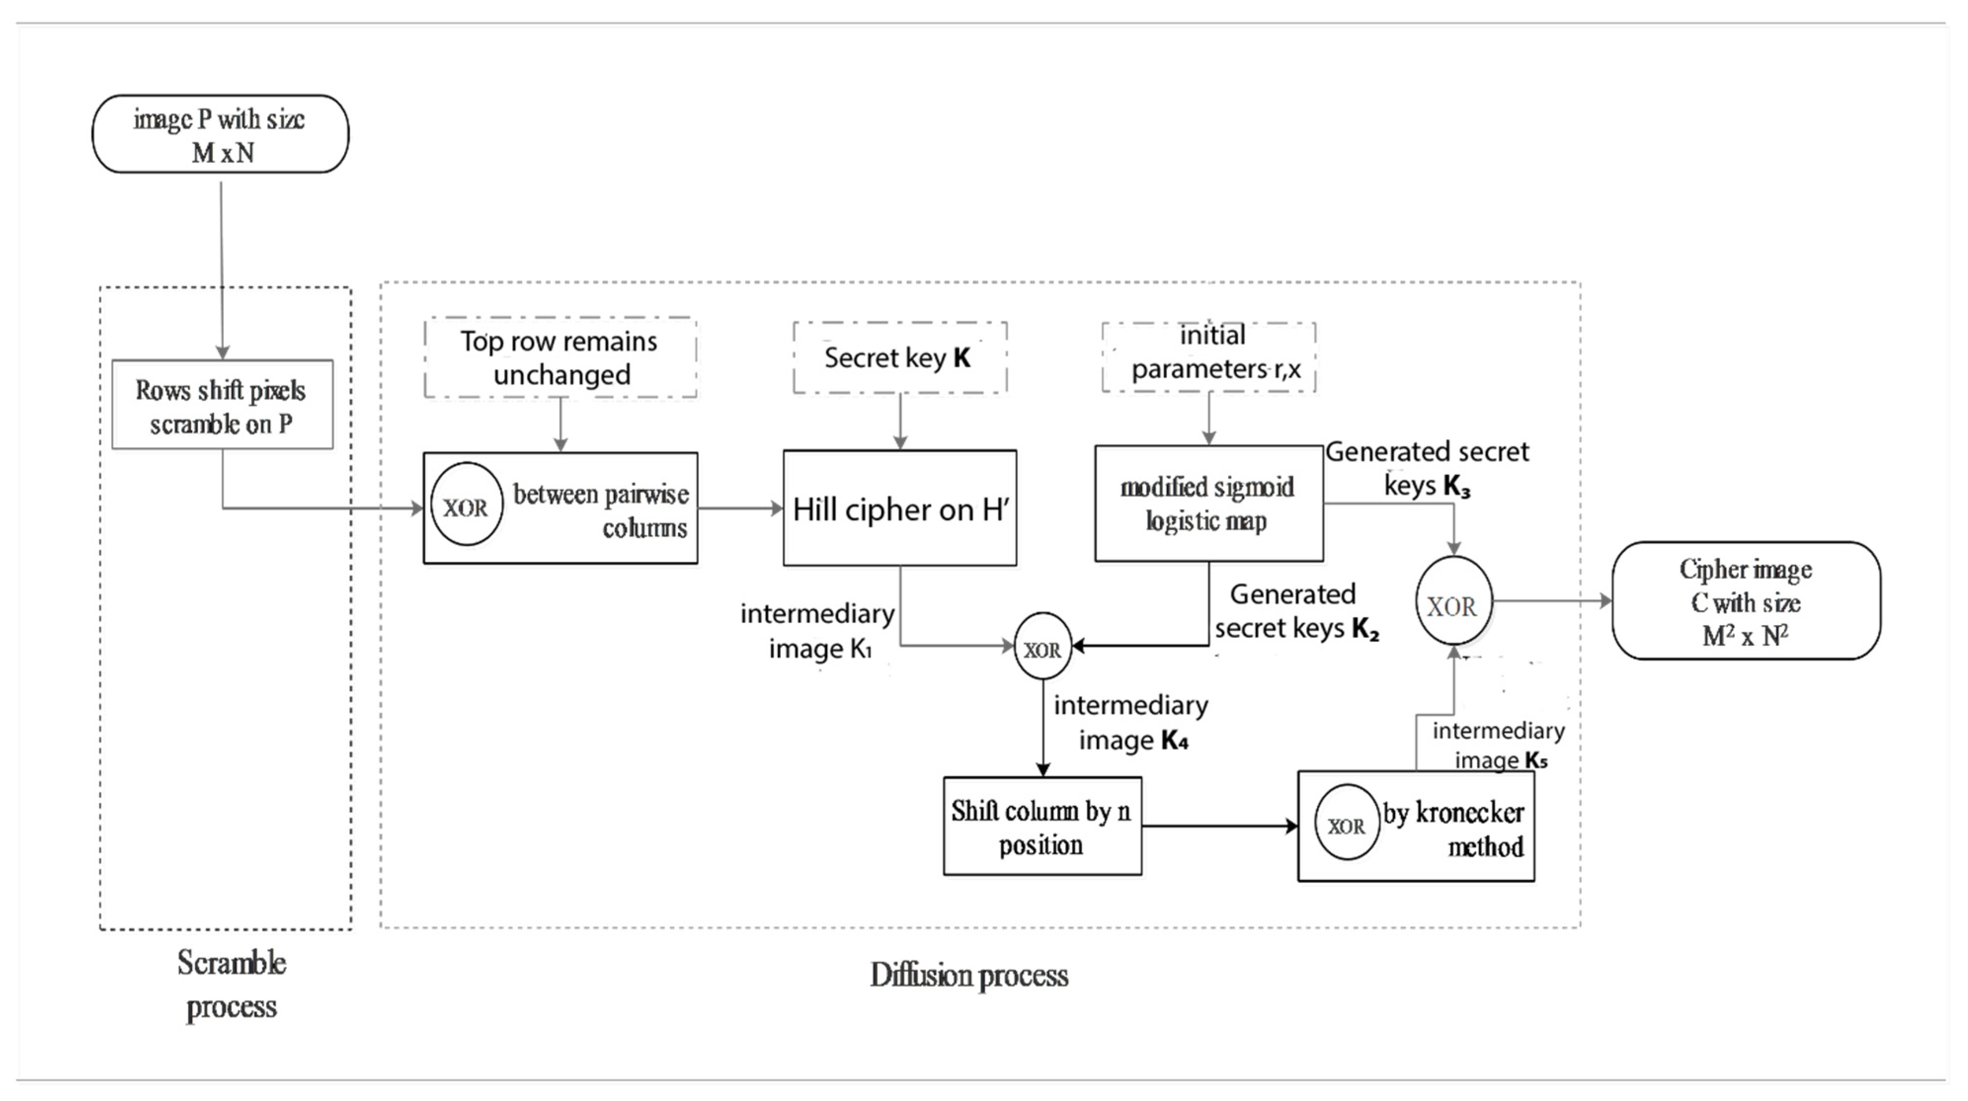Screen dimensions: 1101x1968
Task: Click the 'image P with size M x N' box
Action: pos(220,134)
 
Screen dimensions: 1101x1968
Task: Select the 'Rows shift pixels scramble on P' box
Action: pos(222,405)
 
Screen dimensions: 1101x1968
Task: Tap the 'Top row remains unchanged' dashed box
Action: pos(560,357)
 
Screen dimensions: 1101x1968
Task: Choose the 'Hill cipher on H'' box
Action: pos(899,508)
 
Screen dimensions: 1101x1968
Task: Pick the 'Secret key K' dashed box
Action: pos(899,357)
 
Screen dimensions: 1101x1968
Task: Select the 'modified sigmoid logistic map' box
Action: pos(1209,504)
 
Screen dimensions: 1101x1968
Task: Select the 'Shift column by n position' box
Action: pos(1042,826)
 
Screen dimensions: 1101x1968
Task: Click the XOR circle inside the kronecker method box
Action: pos(1346,824)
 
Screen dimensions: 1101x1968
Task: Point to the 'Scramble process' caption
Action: pos(232,984)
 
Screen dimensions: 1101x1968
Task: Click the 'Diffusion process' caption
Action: pos(969,976)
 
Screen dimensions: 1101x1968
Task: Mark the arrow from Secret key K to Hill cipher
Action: pos(900,422)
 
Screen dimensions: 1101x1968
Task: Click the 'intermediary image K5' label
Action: pos(1497,745)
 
